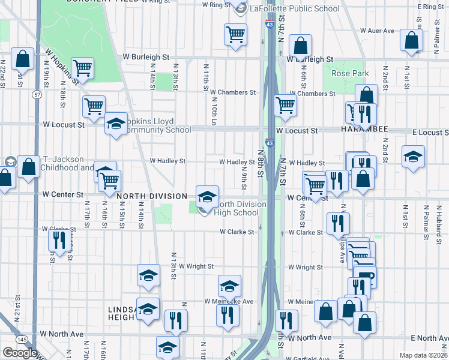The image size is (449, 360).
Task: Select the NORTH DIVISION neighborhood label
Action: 155,196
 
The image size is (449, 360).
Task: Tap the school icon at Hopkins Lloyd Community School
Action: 116,124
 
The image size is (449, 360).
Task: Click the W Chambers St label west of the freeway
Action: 233,92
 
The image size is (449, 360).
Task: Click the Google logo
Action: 20,353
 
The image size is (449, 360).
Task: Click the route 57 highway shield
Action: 37,95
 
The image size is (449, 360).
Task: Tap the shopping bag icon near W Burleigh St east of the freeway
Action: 300,45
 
